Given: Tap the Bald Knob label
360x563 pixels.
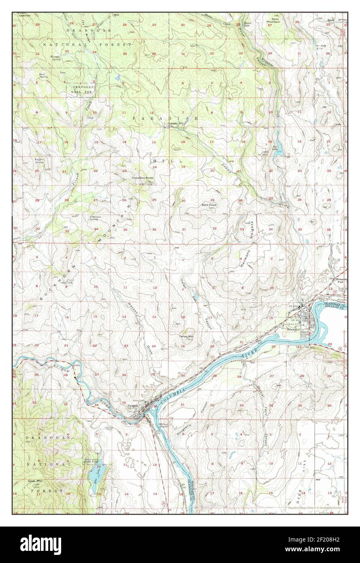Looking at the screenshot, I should click(x=210, y=205).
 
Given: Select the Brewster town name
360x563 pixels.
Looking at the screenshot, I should click(x=293, y=330).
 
